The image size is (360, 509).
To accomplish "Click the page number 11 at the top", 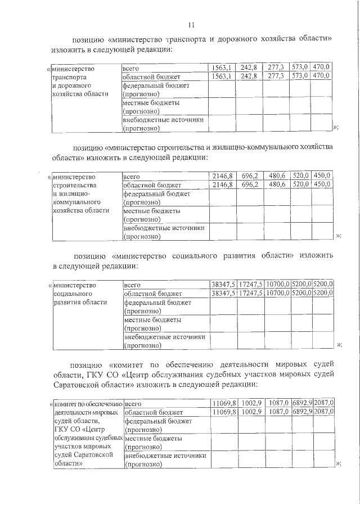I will point(191,25).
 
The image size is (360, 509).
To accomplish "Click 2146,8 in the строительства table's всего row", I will point(222,175).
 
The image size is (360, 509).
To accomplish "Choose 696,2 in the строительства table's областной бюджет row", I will point(249,184).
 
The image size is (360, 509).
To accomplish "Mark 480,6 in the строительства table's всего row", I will point(277,175).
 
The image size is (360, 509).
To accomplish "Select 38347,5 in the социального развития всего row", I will point(223,284).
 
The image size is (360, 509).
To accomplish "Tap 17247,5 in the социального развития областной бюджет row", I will point(250,293).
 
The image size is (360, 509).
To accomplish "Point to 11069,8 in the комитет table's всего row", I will point(223,403).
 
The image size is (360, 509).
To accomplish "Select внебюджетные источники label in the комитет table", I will point(164,456).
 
